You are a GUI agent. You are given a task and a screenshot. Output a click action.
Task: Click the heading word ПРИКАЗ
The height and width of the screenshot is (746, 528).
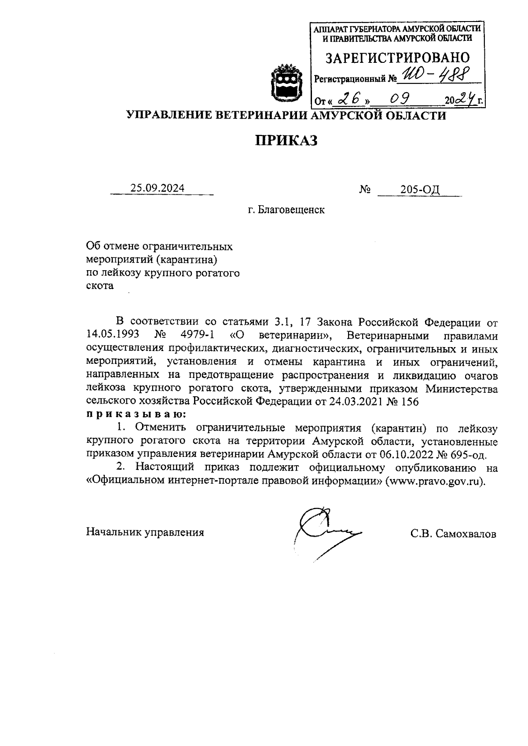(x=286, y=140)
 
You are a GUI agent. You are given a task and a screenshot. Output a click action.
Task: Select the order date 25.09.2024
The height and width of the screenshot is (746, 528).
(x=158, y=188)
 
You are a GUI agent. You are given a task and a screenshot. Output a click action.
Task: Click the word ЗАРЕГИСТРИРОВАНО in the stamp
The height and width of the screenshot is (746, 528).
(x=397, y=58)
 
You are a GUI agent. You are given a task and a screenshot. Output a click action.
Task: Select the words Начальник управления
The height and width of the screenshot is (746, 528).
(x=145, y=532)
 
